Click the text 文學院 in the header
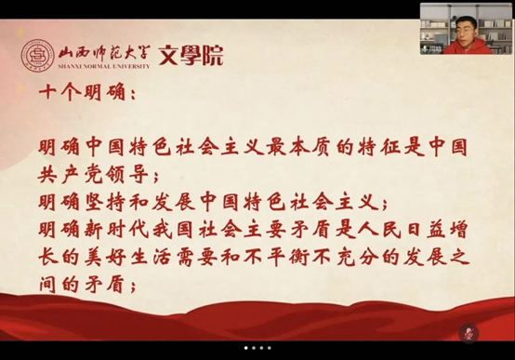tap(191, 57)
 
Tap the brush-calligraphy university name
tap(108, 53)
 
